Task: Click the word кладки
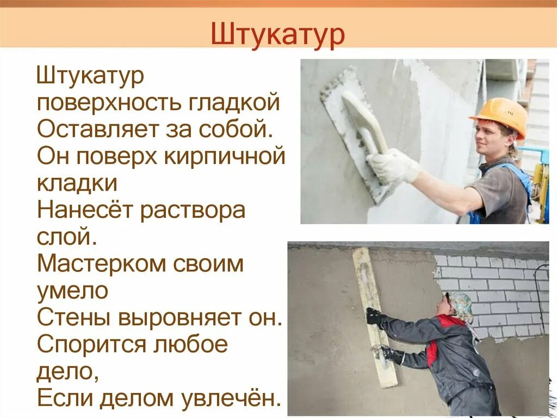pos(77,183)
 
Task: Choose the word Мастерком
pos(103,264)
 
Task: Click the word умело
pos(72,290)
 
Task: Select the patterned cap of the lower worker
pos(461,305)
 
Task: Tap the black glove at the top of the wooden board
pos(374,316)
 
